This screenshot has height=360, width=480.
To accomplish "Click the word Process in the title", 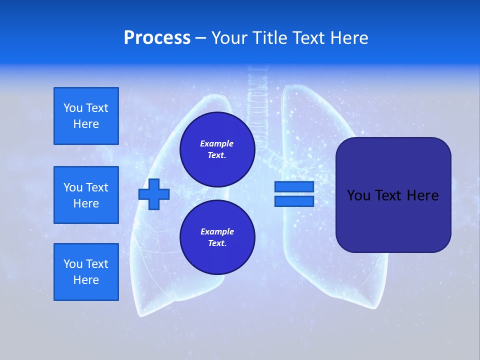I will click(x=157, y=38).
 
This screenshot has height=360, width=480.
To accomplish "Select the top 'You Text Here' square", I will click(x=86, y=116).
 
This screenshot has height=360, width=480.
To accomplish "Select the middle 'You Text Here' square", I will click(x=86, y=195).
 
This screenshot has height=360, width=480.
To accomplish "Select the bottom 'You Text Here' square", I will click(x=86, y=272).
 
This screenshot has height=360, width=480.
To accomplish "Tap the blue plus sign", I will click(x=154, y=194).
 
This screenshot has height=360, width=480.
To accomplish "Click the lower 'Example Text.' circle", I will click(x=217, y=237).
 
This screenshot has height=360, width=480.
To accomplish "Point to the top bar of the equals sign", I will click(x=294, y=187).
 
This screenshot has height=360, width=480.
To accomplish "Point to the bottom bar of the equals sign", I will click(x=294, y=201).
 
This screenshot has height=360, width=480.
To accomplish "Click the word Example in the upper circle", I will click(x=217, y=143).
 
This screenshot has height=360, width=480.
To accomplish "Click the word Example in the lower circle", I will click(x=217, y=231).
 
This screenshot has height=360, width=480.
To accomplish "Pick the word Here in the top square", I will click(x=86, y=124).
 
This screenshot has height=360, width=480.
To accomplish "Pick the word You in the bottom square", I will click(x=73, y=264).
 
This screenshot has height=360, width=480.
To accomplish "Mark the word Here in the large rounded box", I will click(x=422, y=195).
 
